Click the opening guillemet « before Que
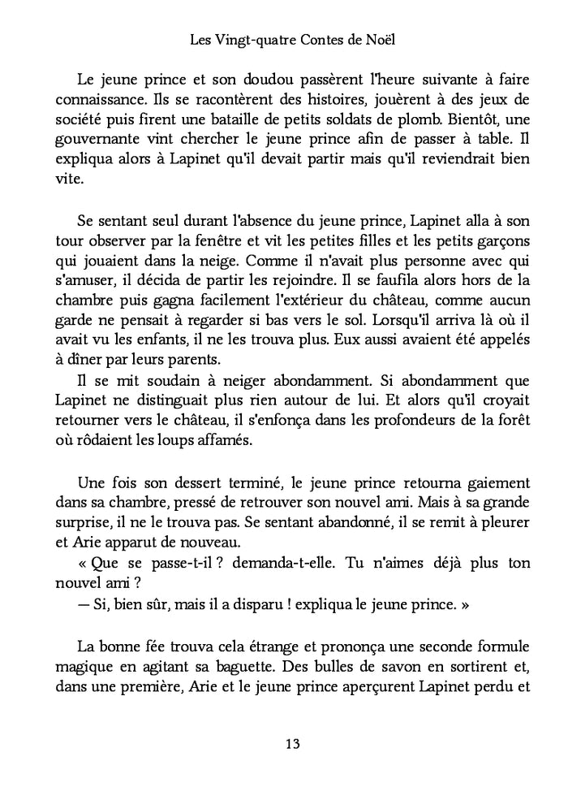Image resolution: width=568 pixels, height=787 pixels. coord(81,562)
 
